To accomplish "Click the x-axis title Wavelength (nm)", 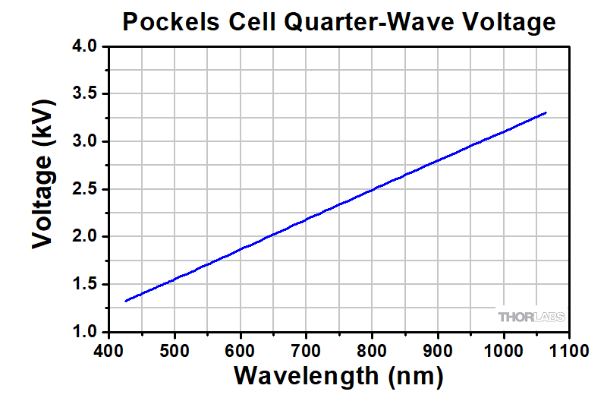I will [338, 374].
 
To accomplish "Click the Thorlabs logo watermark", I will [531, 317].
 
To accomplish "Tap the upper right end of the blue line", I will [545, 113].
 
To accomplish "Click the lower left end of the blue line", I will [126, 301].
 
